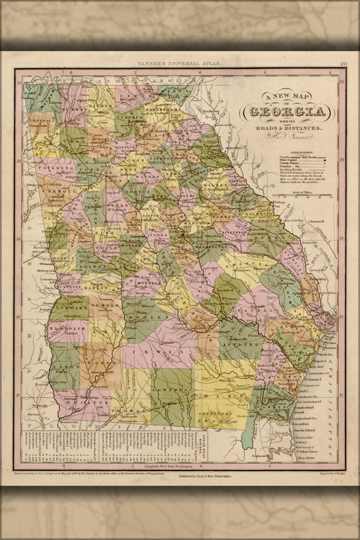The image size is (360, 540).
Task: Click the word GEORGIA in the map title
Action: (288, 112)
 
